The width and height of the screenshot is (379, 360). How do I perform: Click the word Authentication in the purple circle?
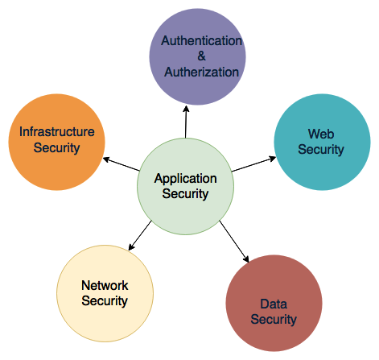click(x=201, y=41)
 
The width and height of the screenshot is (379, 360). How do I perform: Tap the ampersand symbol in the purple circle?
click(x=201, y=56)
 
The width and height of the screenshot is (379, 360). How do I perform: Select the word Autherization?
click(x=201, y=72)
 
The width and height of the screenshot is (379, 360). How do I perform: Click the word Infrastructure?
click(x=57, y=132)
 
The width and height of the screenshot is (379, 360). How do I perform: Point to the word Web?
click(x=321, y=134)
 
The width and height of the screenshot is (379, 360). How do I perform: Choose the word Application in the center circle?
click(x=185, y=180)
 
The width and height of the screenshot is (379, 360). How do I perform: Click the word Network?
click(x=105, y=285)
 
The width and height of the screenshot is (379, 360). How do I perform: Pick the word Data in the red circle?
click(x=274, y=304)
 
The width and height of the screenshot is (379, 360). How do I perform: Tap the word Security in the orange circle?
click(x=57, y=148)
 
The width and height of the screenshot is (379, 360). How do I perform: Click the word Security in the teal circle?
click(x=321, y=150)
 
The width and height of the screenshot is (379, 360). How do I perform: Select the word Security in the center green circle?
click(x=185, y=194)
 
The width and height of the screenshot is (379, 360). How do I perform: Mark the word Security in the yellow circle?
click(x=105, y=300)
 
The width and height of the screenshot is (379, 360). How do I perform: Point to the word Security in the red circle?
click(x=274, y=320)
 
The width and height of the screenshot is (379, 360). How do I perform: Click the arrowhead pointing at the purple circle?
click(x=186, y=109)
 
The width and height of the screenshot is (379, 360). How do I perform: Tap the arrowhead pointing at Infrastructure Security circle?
click(x=106, y=159)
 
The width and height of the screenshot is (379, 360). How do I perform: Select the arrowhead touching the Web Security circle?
click(x=273, y=159)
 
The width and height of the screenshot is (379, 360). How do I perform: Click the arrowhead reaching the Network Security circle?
click(x=131, y=247)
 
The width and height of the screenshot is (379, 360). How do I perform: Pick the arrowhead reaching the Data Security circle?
click(x=246, y=259)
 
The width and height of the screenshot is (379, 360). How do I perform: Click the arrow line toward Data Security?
click(x=234, y=242)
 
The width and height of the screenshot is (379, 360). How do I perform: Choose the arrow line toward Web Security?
click(x=253, y=164)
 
